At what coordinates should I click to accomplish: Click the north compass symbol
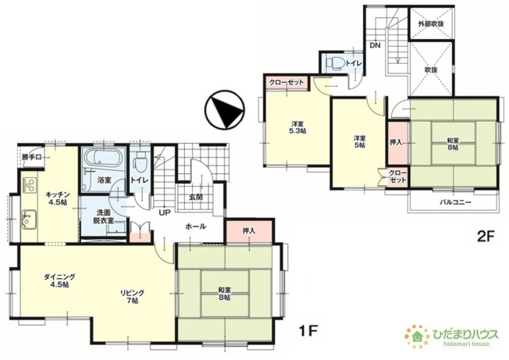tap(224, 110)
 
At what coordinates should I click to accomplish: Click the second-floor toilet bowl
tap(335, 63)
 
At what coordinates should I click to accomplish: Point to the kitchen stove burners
tap(30, 184)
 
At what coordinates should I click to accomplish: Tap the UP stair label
tap(164, 213)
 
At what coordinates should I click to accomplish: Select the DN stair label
tap(376, 45)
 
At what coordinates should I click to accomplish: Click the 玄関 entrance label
tap(195, 197)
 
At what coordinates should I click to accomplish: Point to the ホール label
tap(195, 226)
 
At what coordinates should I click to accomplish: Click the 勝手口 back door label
tap(31, 158)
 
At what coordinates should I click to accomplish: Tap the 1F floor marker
tap(308, 331)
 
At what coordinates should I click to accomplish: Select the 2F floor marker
tap(486, 237)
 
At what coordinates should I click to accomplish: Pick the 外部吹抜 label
tap(431, 23)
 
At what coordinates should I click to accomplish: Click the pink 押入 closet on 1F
tap(249, 231)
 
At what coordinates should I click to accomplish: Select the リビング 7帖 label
tap(132, 297)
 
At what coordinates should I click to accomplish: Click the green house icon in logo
tap(418, 337)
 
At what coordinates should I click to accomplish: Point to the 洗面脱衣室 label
tap(103, 217)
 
